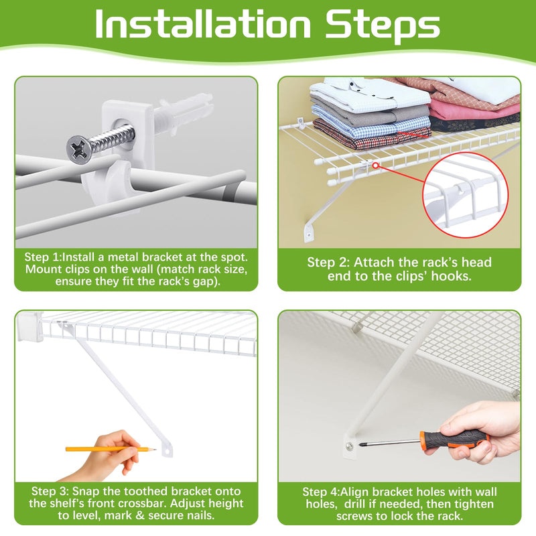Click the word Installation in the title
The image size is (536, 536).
click(x=203, y=24)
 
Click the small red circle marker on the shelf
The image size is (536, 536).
click(x=375, y=165)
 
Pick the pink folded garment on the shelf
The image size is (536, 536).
click(x=474, y=110)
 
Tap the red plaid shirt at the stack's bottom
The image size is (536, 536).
click(x=372, y=136)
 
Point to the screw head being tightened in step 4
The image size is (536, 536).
click(x=349, y=446)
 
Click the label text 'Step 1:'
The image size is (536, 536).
click(x=43, y=257)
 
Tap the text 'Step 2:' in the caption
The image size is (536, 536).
click(x=328, y=262)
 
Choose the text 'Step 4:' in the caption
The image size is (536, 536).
click(x=321, y=492)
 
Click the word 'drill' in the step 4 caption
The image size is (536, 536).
click(x=356, y=504)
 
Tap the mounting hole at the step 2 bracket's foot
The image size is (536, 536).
click(x=309, y=235)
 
